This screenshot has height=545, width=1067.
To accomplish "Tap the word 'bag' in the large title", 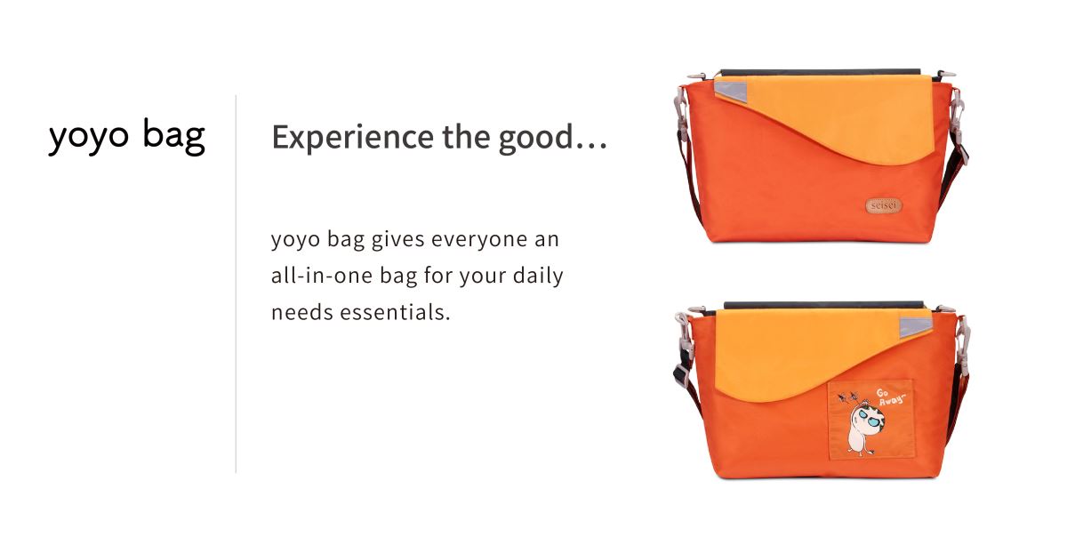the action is (174, 136).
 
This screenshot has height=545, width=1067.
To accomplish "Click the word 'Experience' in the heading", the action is (352, 138).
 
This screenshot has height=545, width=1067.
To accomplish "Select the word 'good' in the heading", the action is (535, 138).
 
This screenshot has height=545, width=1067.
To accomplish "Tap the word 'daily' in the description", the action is (538, 277).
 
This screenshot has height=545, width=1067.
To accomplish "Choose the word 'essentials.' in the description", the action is (395, 313).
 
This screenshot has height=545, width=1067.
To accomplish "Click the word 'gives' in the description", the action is (397, 239).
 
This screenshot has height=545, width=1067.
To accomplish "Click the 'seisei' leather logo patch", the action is (884, 205).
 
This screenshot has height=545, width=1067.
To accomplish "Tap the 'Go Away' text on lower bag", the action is (890, 397).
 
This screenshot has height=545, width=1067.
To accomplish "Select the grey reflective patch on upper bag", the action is (732, 91).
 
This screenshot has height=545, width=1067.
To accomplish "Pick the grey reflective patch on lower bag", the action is (916, 327).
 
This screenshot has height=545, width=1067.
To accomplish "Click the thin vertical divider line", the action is (236, 284).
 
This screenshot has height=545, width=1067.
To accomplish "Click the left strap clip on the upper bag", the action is (681, 105).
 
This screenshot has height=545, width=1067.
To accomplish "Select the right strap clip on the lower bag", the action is (963, 344).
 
